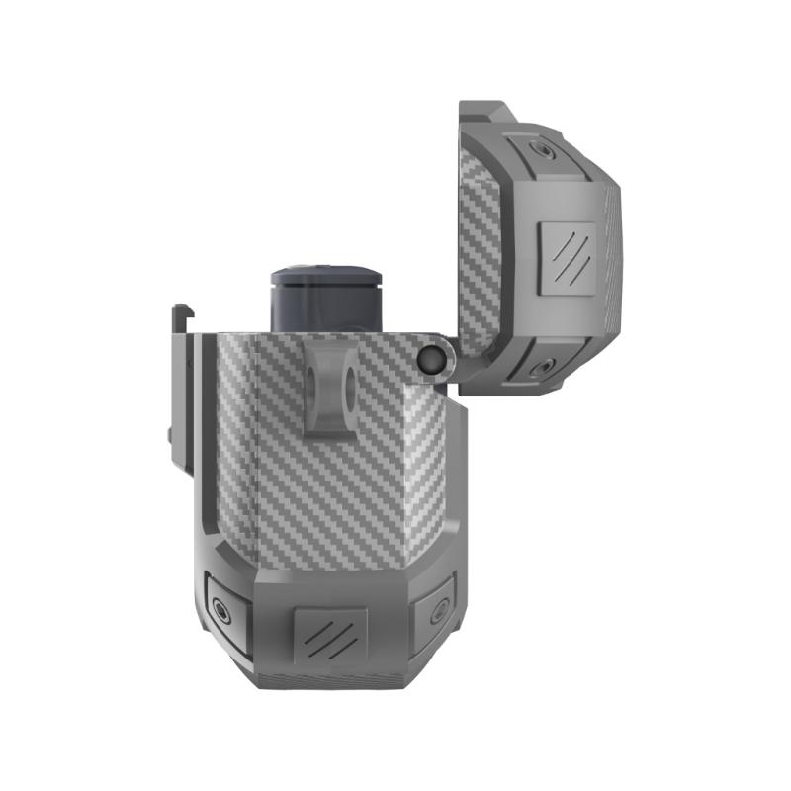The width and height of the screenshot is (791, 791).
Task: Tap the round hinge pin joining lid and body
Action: tap(431, 360)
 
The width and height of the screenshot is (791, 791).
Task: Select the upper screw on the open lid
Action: tap(541, 150)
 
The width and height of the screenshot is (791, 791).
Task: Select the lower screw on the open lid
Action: tap(541, 369)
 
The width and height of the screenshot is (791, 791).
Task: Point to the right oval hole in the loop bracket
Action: tap(347, 387)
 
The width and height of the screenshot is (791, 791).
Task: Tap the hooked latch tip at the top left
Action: tap(179, 317)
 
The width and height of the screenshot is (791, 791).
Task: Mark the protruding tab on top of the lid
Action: tap(484, 112)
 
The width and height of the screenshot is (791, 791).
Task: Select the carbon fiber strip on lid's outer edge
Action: tap(611, 257)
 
